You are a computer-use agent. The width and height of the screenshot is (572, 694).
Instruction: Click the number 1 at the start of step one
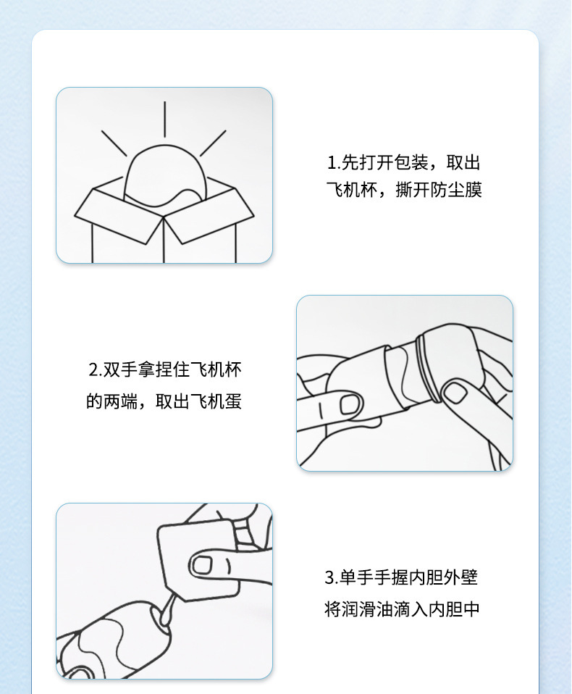332,163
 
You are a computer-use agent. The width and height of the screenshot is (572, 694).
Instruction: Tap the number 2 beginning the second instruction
93,369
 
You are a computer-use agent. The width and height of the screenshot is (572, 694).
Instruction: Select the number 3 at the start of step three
330,577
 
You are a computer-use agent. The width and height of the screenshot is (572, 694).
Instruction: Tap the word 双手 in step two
120,369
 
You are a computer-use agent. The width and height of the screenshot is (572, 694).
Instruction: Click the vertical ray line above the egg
164,119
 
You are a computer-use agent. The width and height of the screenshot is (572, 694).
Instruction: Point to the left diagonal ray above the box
114,143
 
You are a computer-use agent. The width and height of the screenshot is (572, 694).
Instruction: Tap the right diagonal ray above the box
213,143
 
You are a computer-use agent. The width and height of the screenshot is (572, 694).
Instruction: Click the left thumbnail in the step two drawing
350,404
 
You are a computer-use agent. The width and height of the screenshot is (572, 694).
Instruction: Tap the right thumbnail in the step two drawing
455,393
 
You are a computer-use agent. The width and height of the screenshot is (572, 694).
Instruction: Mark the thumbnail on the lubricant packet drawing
201,565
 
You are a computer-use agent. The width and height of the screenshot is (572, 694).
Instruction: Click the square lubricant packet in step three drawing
199,560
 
